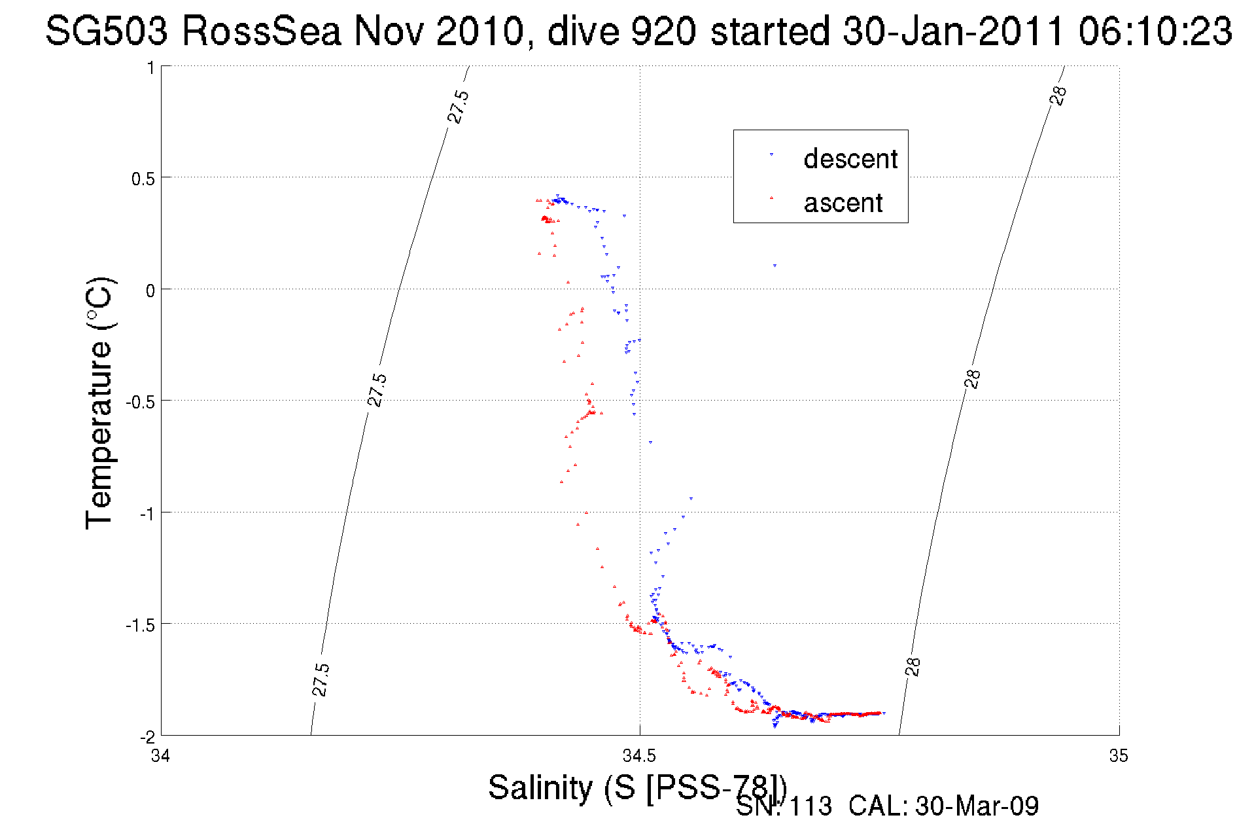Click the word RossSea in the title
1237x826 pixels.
(x=261, y=31)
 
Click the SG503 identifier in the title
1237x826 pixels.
(x=106, y=31)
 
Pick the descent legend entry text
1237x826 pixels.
(x=850, y=159)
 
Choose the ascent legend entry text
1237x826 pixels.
(x=843, y=203)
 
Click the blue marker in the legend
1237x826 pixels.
(x=771, y=154)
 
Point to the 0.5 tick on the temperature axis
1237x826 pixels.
(x=143, y=179)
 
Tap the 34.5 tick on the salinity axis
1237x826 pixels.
(x=639, y=756)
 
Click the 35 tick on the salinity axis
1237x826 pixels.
(x=1119, y=756)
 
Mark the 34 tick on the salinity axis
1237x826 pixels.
(x=160, y=756)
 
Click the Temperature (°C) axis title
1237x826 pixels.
(x=99, y=403)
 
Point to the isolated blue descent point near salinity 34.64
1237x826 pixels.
(x=775, y=266)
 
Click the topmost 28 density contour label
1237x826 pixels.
(x=1058, y=96)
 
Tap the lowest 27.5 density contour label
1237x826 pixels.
(x=320, y=679)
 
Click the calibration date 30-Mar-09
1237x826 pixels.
(x=977, y=806)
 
